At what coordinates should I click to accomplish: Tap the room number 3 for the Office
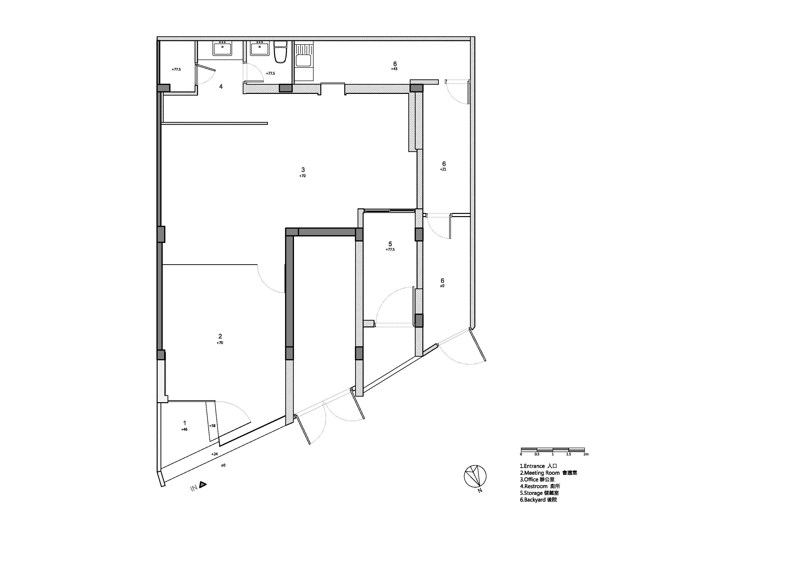pos(303,170)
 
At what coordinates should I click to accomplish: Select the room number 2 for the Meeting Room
pos(220,336)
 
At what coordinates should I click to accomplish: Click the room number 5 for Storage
pos(390,244)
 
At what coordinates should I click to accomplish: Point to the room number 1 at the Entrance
pos(185,423)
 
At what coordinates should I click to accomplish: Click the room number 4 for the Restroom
pos(221,86)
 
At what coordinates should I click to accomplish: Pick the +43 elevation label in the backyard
pos(394,69)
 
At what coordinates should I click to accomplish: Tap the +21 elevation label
pos(443,169)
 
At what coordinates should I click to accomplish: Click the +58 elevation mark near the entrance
pos(212,425)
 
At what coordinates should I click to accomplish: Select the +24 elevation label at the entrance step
pos(215,454)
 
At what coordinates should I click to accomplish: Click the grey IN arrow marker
pos(203,484)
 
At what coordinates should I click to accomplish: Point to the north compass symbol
pos(475,476)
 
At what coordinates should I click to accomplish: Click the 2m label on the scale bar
pos(586,454)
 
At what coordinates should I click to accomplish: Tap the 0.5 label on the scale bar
pos(537,454)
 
